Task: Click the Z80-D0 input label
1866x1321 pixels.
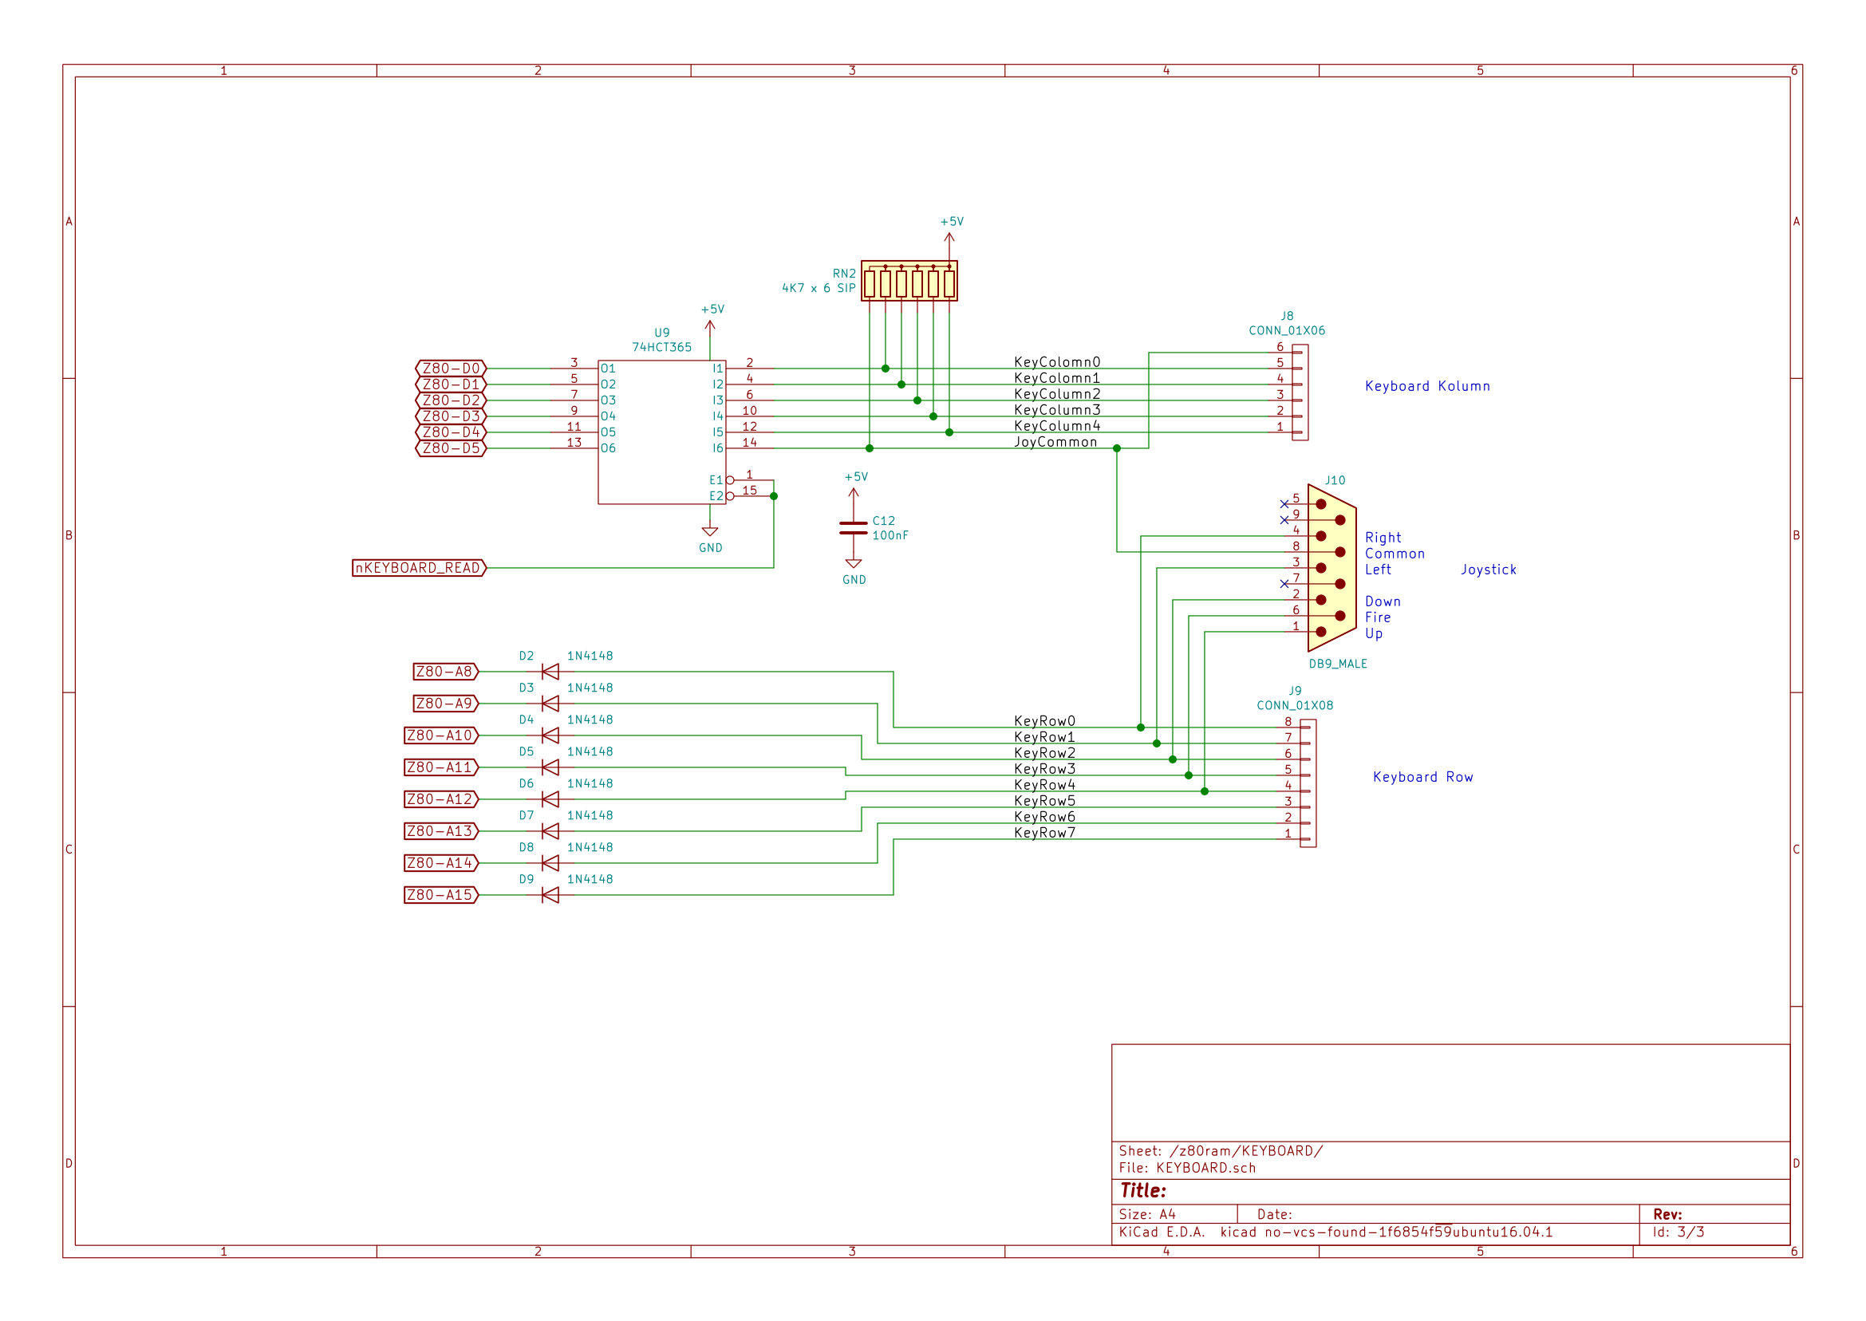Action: click(451, 369)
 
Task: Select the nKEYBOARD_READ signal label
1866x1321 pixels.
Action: click(419, 568)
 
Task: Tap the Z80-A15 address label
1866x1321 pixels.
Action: click(441, 895)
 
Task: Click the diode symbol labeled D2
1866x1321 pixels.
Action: click(550, 672)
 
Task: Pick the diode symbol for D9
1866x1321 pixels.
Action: click(550, 895)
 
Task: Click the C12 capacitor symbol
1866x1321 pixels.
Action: click(854, 529)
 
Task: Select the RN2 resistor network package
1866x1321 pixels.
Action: click(909, 281)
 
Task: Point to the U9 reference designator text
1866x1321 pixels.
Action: click(662, 333)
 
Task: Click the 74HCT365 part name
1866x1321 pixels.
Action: click(662, 347)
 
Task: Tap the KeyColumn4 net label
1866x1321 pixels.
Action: click(1056, 425)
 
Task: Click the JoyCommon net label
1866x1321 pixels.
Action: click(1055, 442)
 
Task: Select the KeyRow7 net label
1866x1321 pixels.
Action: click(1044, 832)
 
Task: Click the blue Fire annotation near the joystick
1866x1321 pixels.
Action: click(1377, 617)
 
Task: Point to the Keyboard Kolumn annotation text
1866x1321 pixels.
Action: click(1426, 386)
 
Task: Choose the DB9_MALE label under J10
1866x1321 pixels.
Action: click(1337, 664)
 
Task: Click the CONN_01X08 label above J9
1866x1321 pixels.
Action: click(1295, 705)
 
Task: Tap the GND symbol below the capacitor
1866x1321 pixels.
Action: click(854, 572)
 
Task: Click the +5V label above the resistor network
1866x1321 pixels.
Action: click(952, 221)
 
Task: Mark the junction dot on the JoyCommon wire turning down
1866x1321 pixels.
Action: click(1117, 448)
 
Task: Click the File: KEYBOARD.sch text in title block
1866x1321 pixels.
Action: click(1187, 1168)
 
